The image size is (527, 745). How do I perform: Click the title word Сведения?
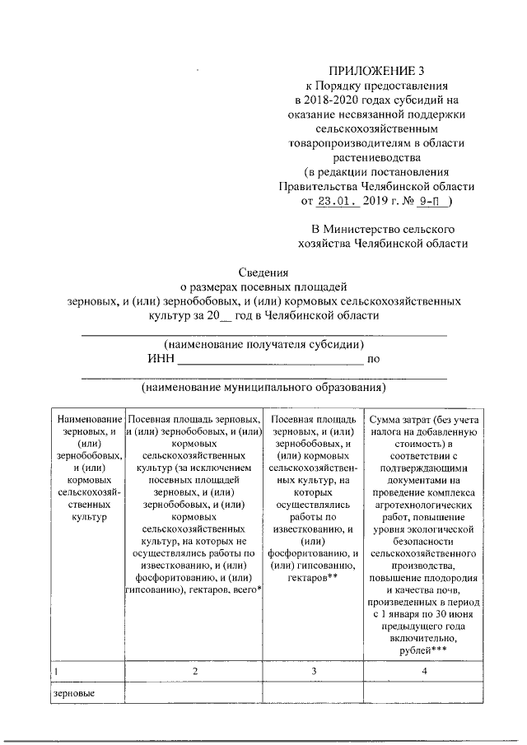click(263, 273)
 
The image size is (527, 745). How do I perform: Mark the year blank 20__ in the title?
click(217, 316)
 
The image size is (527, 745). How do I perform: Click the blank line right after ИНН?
click(270, 360)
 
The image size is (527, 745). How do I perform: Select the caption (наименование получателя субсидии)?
click(263, 344)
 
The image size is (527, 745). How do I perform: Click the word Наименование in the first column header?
click(85, 419)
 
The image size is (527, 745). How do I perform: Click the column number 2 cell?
click(194, 672)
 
